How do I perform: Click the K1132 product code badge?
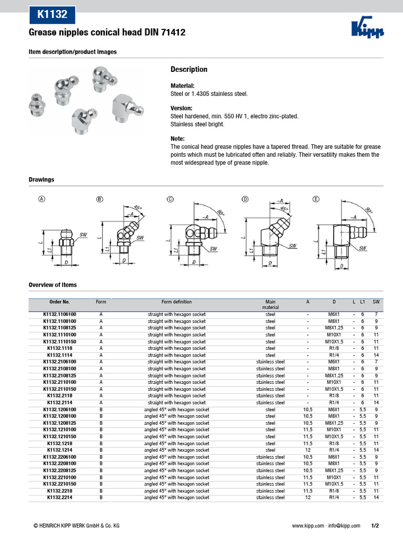pos(52,15)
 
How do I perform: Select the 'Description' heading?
pos(189,70)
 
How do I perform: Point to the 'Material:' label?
pos(183,85)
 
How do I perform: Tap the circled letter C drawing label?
pos(170,199)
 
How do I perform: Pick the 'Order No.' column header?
pos(59,302)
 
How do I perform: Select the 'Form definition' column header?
pos(176,302)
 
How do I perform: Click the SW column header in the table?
pos(376,302)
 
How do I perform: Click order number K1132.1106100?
pos(59,314)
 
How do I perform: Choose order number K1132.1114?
pos(59,355)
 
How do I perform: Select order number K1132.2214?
pos(59,497)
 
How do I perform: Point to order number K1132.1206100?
pos(59,409)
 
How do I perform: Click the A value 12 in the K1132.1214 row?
pos(307,450)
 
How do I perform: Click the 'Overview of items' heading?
pos(52,285)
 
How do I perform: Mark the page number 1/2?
pos(375,525)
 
